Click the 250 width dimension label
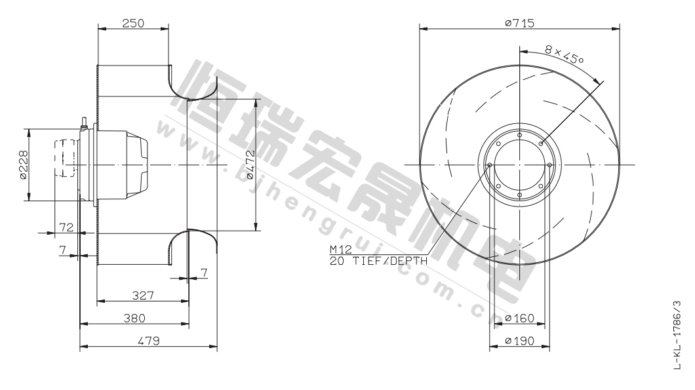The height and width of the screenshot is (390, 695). coord(133,23)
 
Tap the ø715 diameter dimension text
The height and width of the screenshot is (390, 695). coord(519,22)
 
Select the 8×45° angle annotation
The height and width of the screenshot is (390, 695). coord(564,56)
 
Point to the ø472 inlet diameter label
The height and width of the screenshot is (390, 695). coord(250,165)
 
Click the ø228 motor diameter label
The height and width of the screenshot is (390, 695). coord(23,165)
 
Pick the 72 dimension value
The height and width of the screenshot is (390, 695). coord(66,227)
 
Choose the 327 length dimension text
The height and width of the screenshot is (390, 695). coord(143,295)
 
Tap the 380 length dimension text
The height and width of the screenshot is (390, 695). coord(134,318)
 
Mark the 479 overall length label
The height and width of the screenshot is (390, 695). coord(148,340)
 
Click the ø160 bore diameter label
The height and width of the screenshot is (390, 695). coord(519,318)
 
